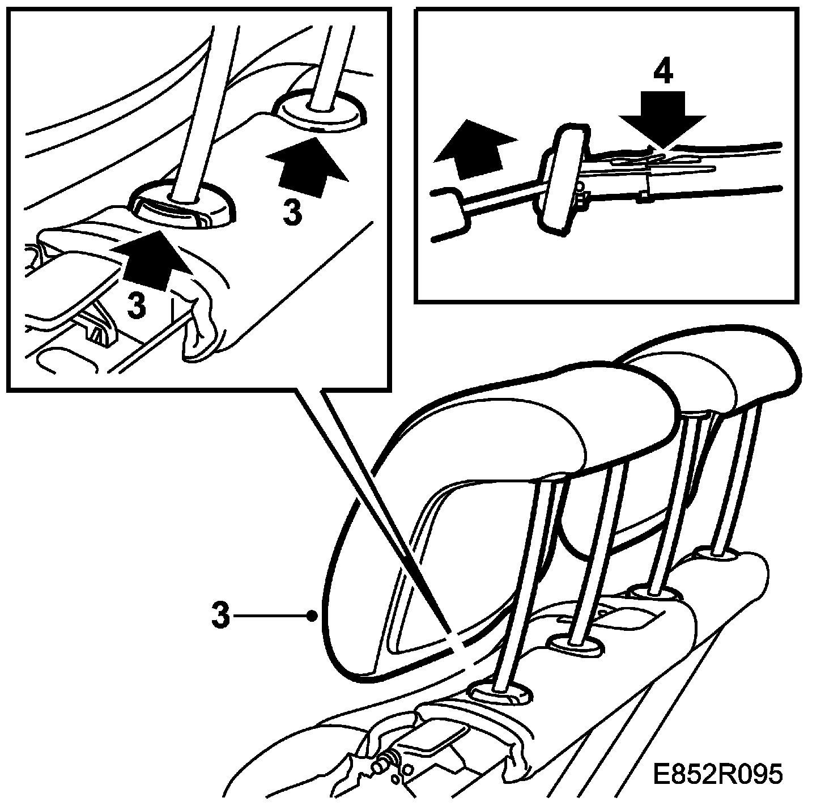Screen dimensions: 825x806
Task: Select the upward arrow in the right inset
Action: pos(475,149)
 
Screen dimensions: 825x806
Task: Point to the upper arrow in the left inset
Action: pos(307,167)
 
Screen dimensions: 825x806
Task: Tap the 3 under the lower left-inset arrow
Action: pos(135,305)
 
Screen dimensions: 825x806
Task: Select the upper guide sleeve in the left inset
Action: pos(320,112)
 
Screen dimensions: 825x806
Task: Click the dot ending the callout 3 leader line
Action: pos(312,615)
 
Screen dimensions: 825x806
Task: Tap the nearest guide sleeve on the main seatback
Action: pos(501,696)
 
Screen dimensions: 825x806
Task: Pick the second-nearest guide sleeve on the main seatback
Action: pos(577,644)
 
